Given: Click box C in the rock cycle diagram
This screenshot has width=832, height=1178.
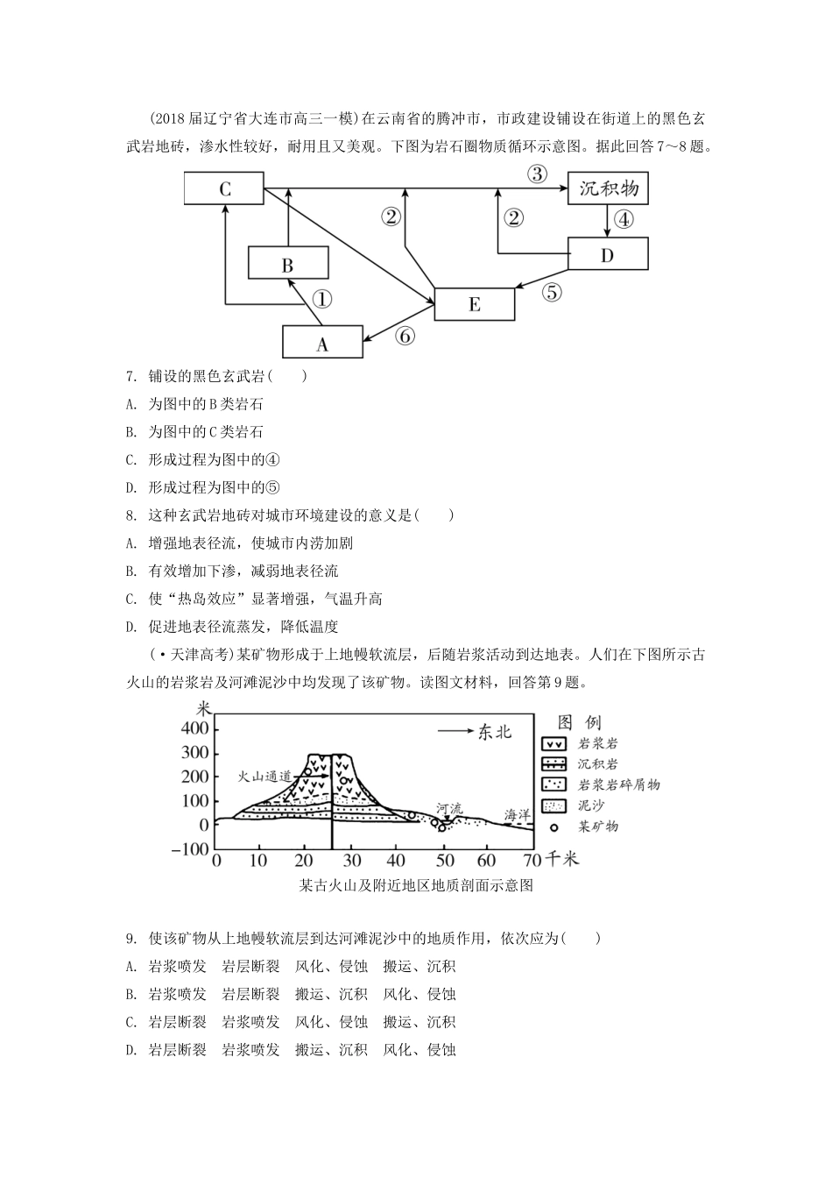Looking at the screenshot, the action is [224, 188].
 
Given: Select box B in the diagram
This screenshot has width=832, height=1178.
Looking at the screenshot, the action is [288, 264].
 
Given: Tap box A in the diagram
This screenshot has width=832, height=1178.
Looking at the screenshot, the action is [322, 343].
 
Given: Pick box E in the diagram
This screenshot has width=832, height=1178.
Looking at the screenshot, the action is [474, 303].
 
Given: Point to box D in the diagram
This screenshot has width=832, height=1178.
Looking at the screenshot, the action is [608, 253].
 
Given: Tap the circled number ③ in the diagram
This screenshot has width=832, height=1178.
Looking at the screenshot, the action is [537, 173].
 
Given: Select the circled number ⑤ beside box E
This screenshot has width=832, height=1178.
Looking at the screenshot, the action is [552, 292].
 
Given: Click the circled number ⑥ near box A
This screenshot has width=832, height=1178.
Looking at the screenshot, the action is [404, 335].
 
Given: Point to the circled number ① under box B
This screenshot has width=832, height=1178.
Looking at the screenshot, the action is [322, 299].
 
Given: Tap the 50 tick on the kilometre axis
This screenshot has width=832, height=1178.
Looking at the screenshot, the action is [446, 860].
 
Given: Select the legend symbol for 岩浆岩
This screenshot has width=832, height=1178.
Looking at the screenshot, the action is [554, 744].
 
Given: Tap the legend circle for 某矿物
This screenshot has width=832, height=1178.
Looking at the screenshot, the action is [553, 827].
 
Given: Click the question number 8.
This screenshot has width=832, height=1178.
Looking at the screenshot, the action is [130, 515].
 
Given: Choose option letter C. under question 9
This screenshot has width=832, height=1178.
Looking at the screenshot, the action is [131, 1022].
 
